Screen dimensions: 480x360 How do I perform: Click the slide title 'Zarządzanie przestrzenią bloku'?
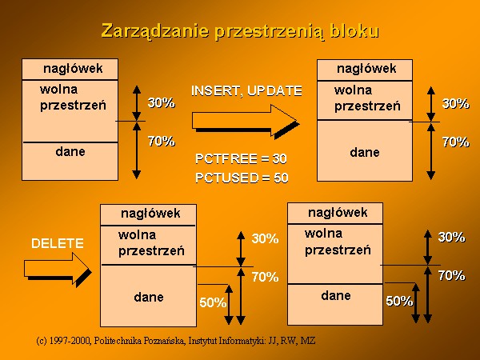pyautogui.click(x=240, y=31)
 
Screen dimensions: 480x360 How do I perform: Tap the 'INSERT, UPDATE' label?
pyautogui.click(x=246, y=91)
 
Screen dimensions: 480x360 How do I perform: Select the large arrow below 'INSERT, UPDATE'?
pyautogui.click(x=246, y=122)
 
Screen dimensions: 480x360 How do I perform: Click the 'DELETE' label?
pyautogui.click(x=58, y=243)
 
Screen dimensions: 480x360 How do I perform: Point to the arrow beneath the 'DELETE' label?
pyautogui.click(x=58, y=270)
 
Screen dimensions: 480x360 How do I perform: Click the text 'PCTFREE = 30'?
pyautogui.click(x=242, y=159)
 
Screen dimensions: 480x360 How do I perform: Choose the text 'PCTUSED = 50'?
pyautogui.click(x=242, y=178)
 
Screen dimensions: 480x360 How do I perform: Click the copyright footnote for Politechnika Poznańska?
pyautogui.click(x=176, y=341)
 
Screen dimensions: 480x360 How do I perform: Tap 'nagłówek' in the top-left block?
pyautogui.click(x=73, y=69)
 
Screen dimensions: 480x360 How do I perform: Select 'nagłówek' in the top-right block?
pyautogui.click(x=366, y=69)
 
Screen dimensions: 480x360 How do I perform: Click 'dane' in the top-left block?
pyautogui.click(x=70, y=151)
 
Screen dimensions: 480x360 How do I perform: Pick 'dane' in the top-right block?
pyautogui.click(x=365, y=152)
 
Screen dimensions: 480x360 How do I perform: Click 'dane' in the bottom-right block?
pyautogui.click(x=336, y=296)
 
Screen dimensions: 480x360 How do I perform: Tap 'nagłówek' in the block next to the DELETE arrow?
pyautogui.click(x=150, y=214)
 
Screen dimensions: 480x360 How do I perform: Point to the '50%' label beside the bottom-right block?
pyautogui.click(x=399, y=302)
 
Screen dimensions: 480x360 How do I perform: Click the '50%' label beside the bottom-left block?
pyautogui.click(x=213, y=302)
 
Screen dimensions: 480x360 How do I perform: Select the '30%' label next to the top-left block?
pyautogui.click(x=162, y=103)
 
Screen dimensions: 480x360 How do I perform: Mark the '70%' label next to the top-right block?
pyautogui.click(x=455, y=142)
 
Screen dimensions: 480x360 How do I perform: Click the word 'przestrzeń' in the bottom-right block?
pyautogui.click(x=338, y=250)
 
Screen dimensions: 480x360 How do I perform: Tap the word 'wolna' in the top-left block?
pyautogui.click(x=58, y=90)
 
